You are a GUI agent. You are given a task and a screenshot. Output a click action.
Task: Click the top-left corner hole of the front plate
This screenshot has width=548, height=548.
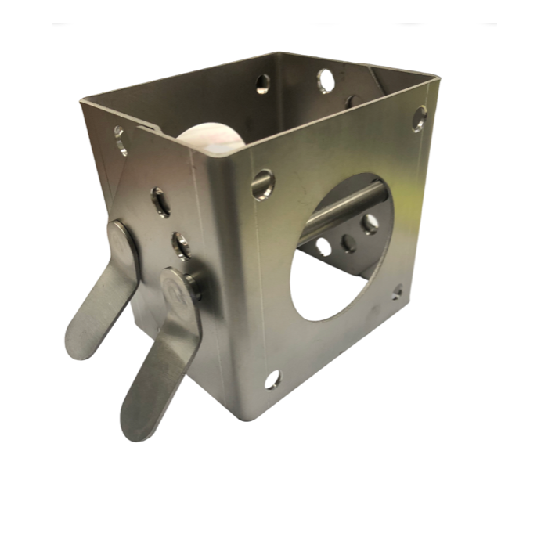262,184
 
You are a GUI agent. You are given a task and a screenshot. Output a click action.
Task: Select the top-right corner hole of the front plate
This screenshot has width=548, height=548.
420,117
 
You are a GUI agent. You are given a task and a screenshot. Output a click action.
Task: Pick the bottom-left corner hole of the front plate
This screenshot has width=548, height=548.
272,380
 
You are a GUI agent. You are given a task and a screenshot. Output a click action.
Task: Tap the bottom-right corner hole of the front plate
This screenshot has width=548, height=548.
397,293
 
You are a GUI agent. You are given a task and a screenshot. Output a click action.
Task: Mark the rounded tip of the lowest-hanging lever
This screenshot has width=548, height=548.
135,427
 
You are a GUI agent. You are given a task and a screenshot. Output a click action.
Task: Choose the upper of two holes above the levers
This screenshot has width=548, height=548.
160,202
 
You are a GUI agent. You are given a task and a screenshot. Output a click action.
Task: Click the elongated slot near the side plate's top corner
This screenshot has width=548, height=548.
120,141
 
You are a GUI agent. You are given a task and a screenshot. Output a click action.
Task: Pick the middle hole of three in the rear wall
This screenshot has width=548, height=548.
326,80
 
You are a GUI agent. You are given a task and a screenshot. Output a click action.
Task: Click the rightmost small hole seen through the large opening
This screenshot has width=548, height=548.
370,224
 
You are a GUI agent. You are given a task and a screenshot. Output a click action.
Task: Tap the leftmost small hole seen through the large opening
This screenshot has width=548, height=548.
323,247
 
